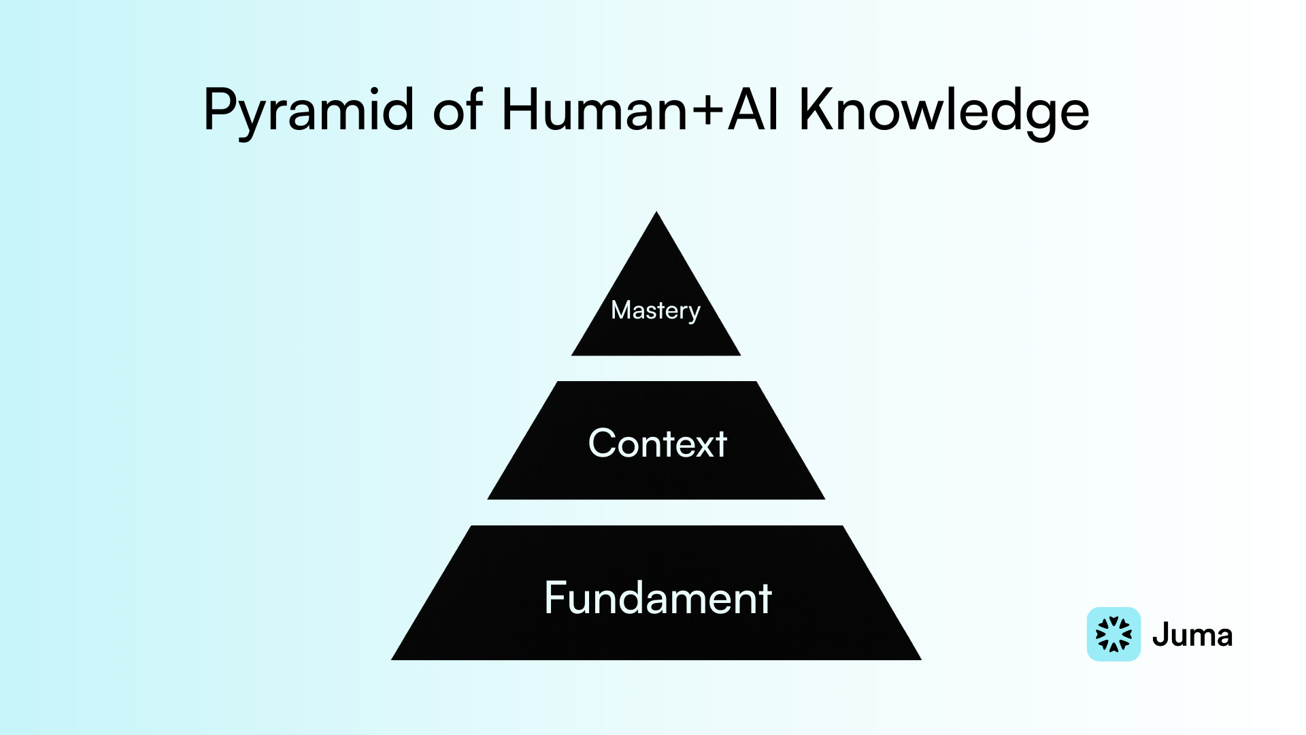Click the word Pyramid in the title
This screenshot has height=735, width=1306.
(x=308, y=111)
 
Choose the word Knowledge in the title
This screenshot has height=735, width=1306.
(x=944, y=111)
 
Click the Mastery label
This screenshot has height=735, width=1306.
(x=656, y=310)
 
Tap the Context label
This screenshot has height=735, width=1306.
(x=658, y=444)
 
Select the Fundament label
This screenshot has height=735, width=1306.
(x=658, y=598)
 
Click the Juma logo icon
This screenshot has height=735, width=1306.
(x=1114, y=634)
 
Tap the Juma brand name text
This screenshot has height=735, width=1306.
(x=1192, y=635)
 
